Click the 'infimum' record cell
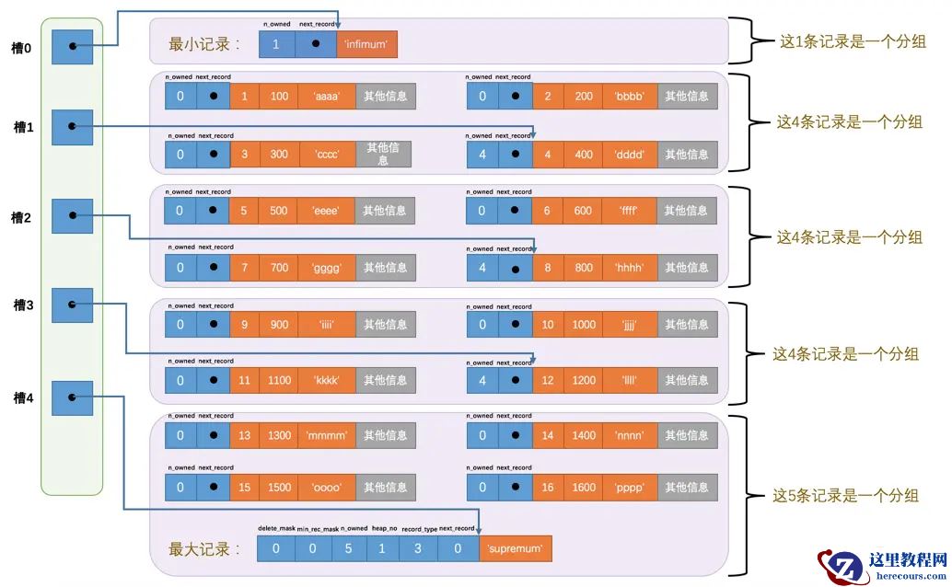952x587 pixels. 367,43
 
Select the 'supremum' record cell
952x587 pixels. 515,549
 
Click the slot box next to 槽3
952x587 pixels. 72,305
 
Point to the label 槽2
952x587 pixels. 20,218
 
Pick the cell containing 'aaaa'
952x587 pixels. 328,96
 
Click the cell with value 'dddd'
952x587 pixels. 630,154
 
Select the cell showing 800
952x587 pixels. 583,268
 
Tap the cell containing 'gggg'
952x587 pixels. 328,268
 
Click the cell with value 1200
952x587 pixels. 584,380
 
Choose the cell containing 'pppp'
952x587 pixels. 630,488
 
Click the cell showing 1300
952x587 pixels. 280,435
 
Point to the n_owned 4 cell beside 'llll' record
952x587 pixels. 482,380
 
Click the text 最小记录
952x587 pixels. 205,43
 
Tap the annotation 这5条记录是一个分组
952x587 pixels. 846,496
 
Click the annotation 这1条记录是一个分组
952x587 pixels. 853,41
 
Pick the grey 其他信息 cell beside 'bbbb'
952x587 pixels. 687,96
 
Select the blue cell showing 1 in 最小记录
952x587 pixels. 276,43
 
